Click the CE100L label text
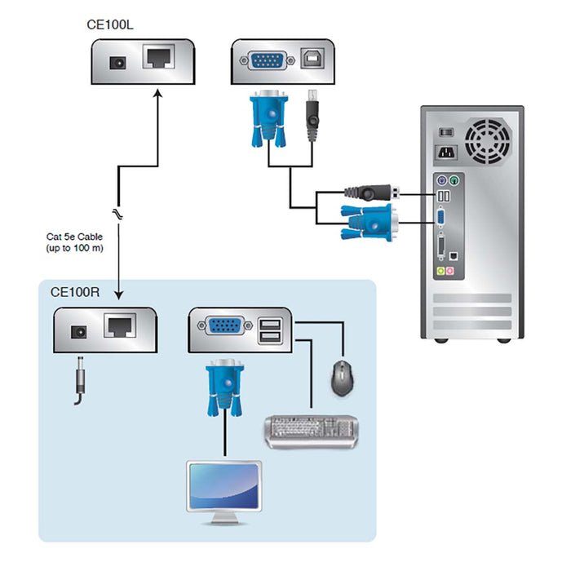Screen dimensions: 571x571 [x=110, y=24]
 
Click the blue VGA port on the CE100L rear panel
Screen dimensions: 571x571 [x=267, y=60]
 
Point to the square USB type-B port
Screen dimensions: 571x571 [x=312, y=60]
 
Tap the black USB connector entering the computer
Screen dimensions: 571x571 [x=372, y=193]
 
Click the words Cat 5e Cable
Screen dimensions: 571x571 [x=74, y=237]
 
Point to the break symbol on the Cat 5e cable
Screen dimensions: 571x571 [x=119, y=213]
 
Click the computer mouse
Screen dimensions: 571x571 [x=342, y=378]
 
